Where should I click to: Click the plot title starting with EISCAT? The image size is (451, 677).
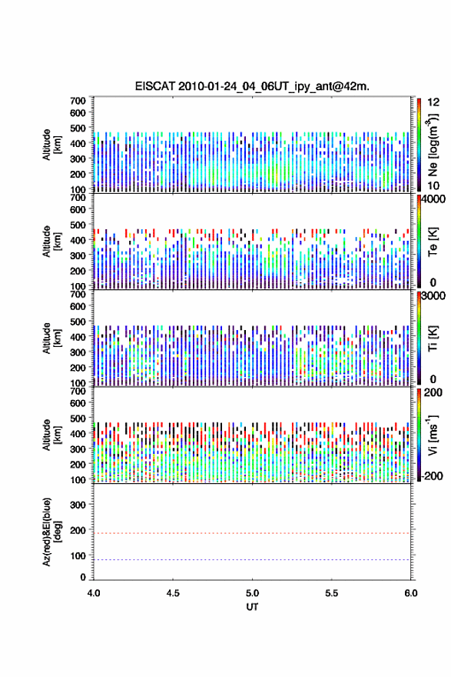pyautogui.click(x=252, y=86)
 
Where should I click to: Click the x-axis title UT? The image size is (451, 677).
pyautogui.click(x=252, y=607)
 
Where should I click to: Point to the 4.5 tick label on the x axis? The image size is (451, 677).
pyautogui.click(x=173, y=593)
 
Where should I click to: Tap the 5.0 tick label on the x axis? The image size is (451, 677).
pyautogui.click(x=252, y=593)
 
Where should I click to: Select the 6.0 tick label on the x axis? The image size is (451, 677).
pyautogui.click(x=411, y=593)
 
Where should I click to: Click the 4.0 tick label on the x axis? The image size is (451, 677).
pyautogui.click(x=94, y=593)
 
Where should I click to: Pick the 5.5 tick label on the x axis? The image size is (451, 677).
pyautogui.click(x=332, y=593)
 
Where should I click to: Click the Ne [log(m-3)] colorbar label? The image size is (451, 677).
pyautogui.click(x=433, y=145)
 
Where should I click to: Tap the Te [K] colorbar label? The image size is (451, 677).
pyautogui.click(x=433, y=242)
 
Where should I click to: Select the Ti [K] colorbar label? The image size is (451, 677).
pyautogui.click(x=433, y=338)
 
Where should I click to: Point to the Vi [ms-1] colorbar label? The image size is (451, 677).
pyautogui.click(x=433, y=435)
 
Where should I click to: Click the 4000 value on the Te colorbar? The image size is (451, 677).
pyautogui.click(x=434, y=200)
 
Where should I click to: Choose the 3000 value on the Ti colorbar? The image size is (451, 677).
pyautogui.click(x=434, y=296)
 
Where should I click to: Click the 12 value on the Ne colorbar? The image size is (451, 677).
pyautogui.click(x=433, y=102)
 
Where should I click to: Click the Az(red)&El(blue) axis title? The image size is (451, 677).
pyautogui.click(x=51, y=532)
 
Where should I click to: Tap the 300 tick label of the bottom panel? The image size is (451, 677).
pyautogui.click(x=78, y=505)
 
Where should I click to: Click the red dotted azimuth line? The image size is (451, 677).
pyautogui.click(x=252, y=533)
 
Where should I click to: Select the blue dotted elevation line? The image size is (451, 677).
pyautogui.click(x=252, y=559)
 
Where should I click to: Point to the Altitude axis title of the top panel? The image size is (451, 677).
pyautogui.click(x=51, y=145)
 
